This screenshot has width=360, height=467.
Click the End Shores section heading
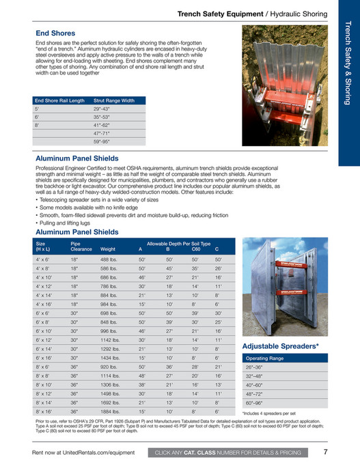pos(55,33)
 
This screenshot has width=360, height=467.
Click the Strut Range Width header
pos(114,100)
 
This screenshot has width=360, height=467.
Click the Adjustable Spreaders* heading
pos(281,346)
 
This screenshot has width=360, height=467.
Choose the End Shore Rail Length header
pos(61,100)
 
